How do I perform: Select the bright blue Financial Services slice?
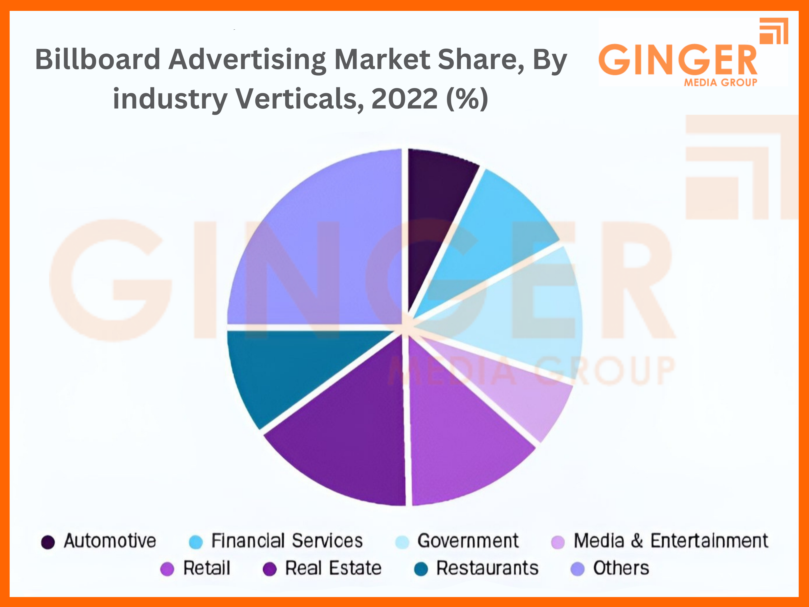pos(490,238)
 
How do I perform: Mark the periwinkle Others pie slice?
pos(314,249)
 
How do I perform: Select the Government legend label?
pos(468,541)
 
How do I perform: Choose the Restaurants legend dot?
pos(421,569)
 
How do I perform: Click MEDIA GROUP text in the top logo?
pos(721,83)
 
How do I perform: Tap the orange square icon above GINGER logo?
pos(774,31)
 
